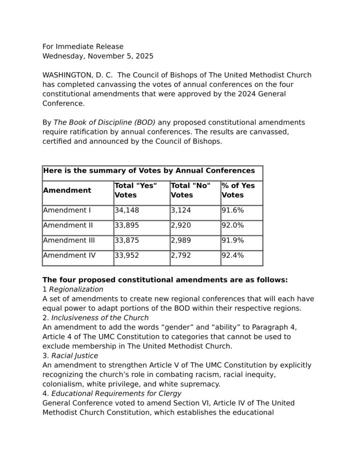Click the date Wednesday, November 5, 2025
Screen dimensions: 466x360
click(98, 56)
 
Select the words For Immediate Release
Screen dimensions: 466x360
click(83, 46)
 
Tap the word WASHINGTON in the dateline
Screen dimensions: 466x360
click(67, 75)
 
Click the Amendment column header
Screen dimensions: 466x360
click(67, 190)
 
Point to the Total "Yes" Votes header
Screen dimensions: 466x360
click(135, 190)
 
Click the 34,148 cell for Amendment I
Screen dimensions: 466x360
click(127, 210)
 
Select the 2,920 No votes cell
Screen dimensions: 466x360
click(181, 225)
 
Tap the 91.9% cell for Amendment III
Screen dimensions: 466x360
click(232, 241)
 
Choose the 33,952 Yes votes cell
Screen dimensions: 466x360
click(127, 256)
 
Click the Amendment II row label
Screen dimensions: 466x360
click(68, 225)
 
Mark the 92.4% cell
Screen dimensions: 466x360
click(232, 256)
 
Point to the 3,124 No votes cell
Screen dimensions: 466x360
click(181, 210)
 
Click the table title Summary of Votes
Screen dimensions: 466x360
click(149, 171)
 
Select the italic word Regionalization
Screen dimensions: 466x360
click(76, 289)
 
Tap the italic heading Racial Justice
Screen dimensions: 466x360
click(75, 356)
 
